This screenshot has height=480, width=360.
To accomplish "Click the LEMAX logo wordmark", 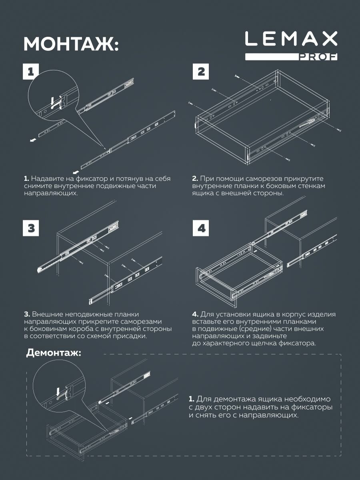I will [291, 39].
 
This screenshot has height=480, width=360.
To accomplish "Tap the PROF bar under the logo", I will [291, 56].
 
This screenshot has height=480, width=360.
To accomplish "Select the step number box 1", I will [31, 72].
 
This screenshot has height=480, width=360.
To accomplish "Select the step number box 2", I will [201, 72].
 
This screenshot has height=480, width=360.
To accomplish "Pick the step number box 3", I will [31, 228].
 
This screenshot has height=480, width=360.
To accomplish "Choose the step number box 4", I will [201, 228].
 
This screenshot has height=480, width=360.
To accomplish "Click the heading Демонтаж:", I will [54, 353].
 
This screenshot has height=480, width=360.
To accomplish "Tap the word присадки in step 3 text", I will [132, 336].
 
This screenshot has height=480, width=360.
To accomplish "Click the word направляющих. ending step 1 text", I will [50, 193].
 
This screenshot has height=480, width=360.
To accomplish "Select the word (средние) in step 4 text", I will [247, 329].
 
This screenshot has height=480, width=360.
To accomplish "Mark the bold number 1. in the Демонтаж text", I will [191, 399].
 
